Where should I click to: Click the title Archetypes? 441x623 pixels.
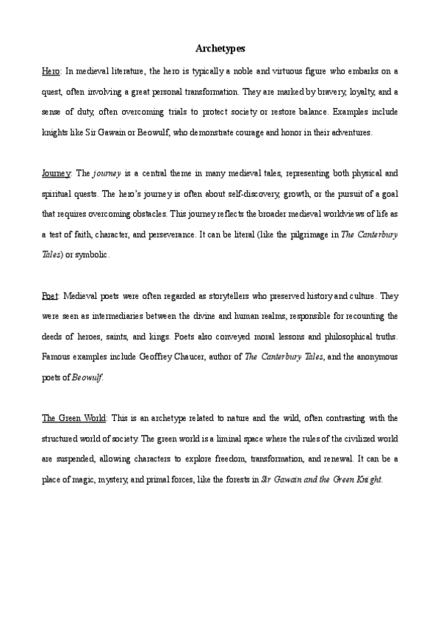(x=220, y=48)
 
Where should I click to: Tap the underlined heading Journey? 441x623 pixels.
(x=56, y=174)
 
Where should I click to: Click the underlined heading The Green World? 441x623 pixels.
(x=74, y=418)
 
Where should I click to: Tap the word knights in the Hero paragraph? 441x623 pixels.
(x=56, y=133)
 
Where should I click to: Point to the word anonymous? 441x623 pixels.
(x=376, y=357)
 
